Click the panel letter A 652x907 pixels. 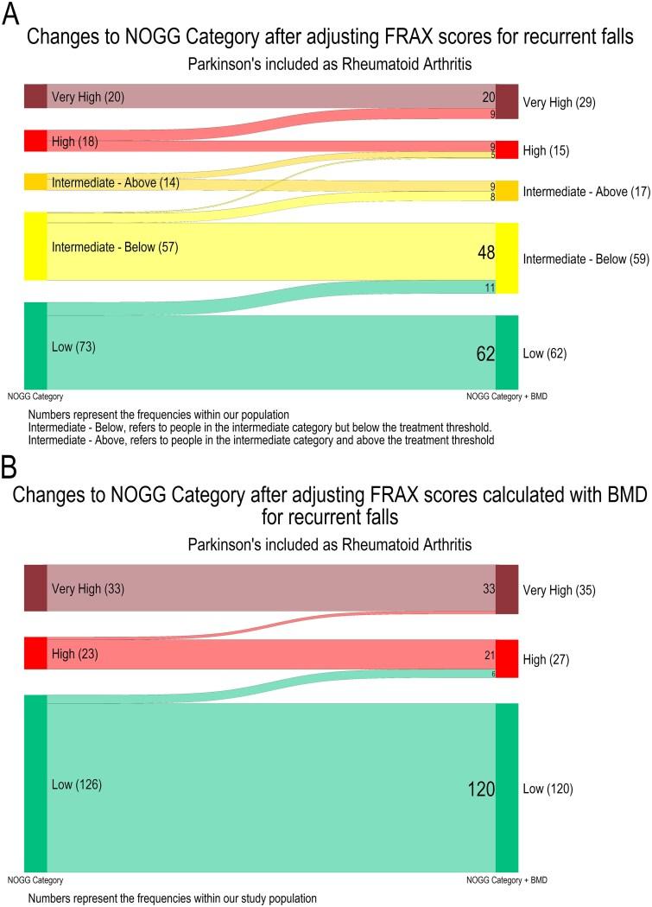tap(11, 16)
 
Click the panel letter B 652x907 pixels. tap(10, 467)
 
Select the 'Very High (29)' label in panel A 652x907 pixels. tap(559, 102)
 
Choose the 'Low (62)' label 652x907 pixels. tap(545, 353)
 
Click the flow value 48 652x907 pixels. tap(484, 252)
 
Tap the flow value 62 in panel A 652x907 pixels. tap(484, 352)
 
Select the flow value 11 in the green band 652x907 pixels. tap(489, 288)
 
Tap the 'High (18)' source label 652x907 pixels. tap(76, 141)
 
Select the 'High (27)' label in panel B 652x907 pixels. tap(548, 660)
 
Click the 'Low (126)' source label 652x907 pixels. tap(79, 784)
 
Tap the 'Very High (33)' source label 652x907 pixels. tap(88, 589)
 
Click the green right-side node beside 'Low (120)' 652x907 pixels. tap(507, 788)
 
